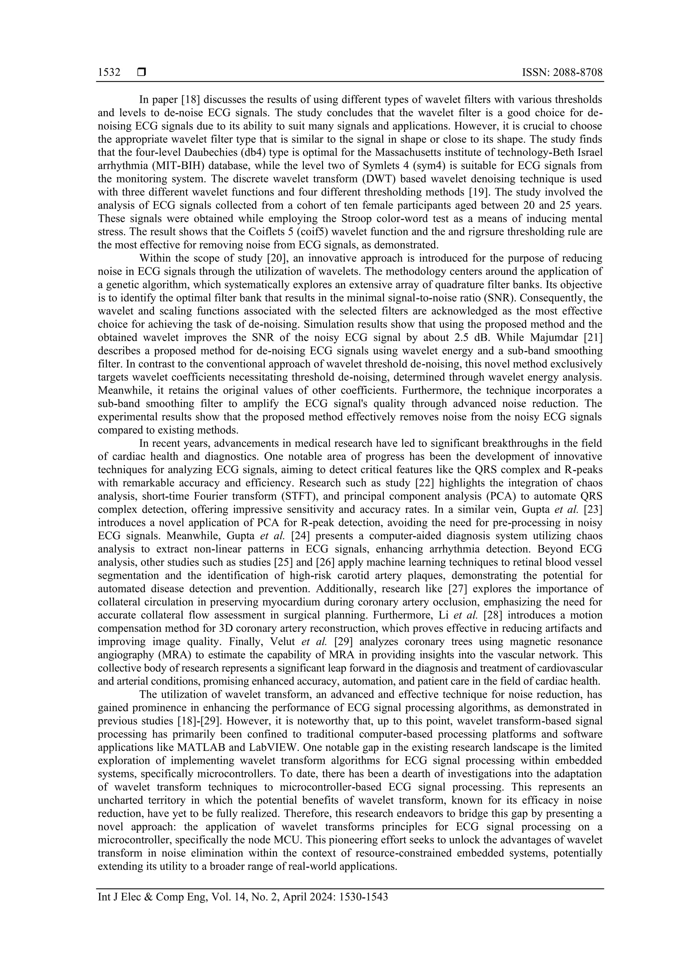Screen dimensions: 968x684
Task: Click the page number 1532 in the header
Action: (109, 73)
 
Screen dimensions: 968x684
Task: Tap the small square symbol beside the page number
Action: (142, 73)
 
